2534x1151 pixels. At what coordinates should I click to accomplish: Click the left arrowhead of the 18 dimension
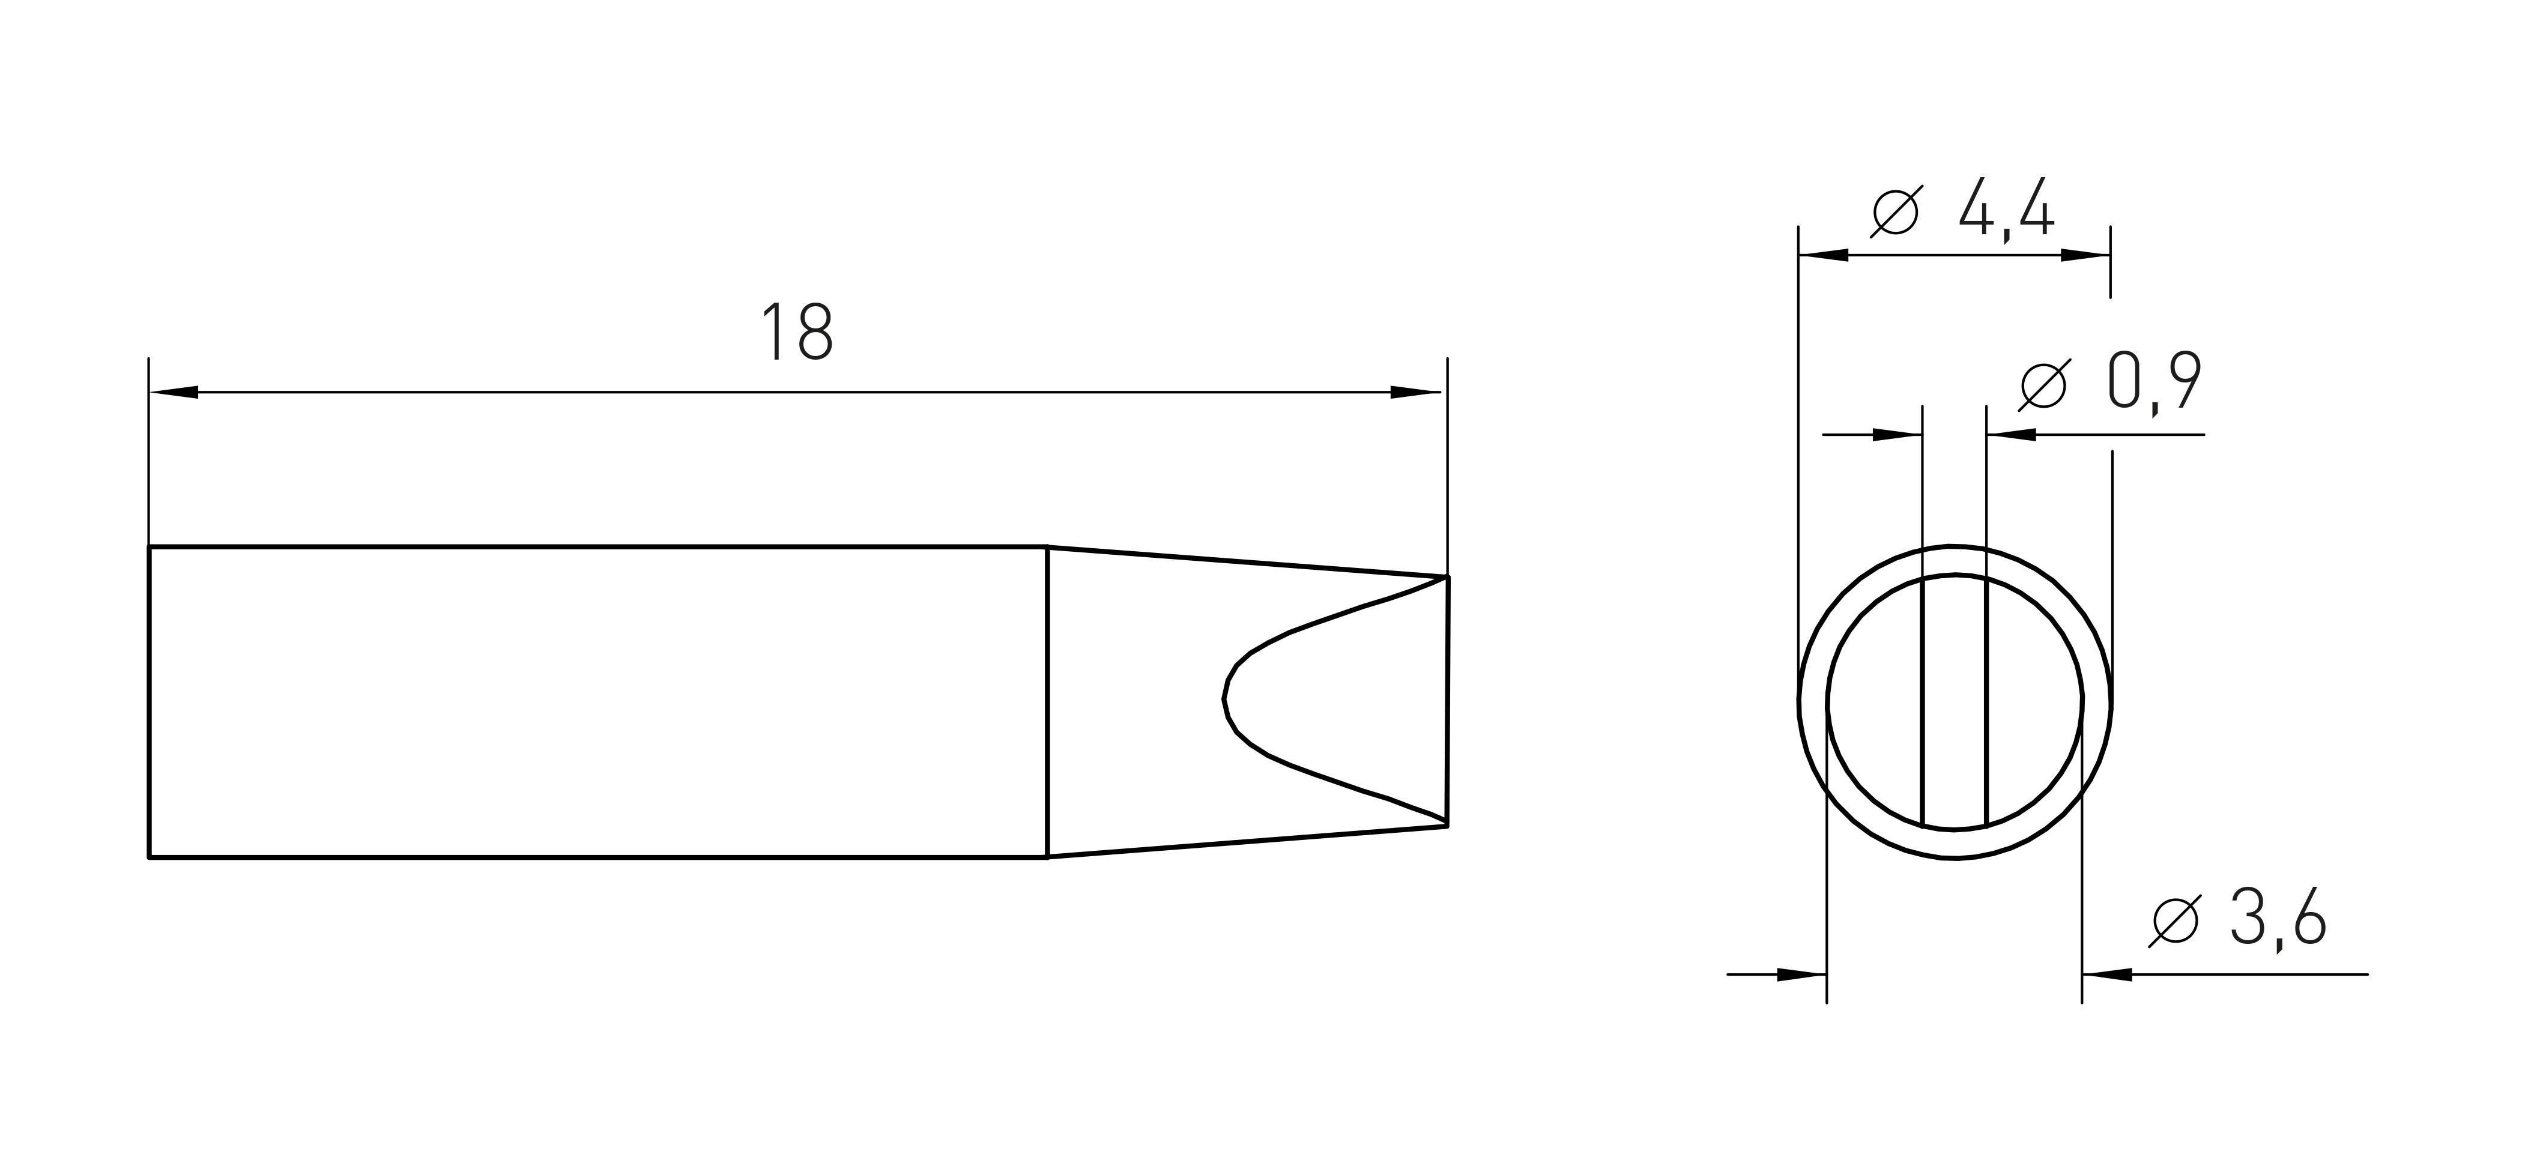(174, 393)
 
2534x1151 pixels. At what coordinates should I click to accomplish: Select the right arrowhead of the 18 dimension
(1415, 393)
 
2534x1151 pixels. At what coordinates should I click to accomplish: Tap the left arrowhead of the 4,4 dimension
(1824, 255)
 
